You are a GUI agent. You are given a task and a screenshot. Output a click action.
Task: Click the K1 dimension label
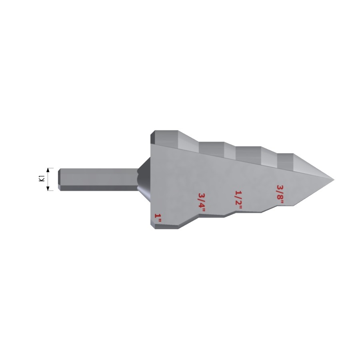pyautogui.click(x=41, y=179)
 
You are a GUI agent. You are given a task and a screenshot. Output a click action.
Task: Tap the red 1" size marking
pyautogui.click(x=158, y=218)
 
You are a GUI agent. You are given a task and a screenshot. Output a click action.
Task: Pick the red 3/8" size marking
pyautogui.click(x=280, y=194)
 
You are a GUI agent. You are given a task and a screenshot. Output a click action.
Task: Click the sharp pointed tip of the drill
pyautogui.click(x=333, y=179)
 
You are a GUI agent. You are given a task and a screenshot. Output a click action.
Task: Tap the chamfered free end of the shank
pyautogui.click(x=60, y=179)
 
